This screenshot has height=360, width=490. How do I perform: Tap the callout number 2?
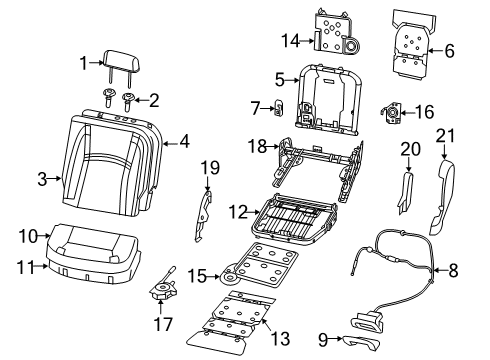click(x=153, y=99)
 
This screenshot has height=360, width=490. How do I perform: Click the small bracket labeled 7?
click(x=281, y=108)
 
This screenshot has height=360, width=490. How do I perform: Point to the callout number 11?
click(x=33, y=266)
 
